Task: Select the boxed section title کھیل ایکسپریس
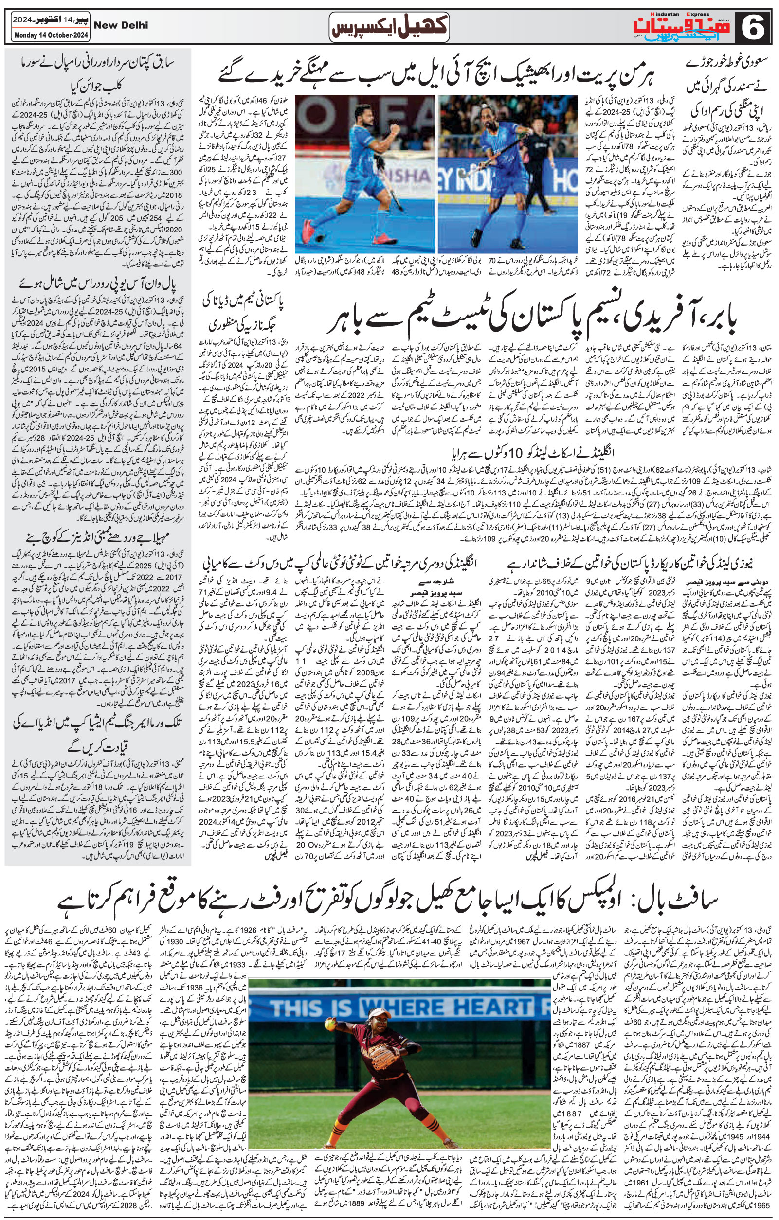(389, 27)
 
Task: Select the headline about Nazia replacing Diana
(243, 314)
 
